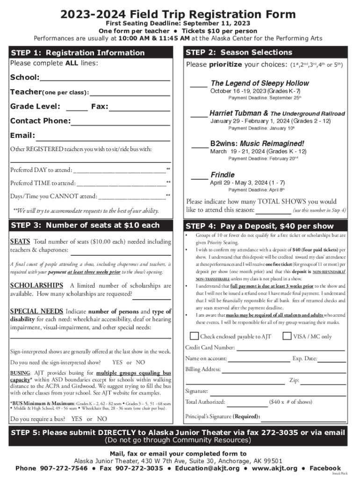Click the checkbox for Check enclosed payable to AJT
(194, 336)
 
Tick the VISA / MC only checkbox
(287, 336)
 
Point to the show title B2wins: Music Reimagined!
(257, 144)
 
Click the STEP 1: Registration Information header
(78, 53)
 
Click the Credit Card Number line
(290, 349)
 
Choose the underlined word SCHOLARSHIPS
(36, 285)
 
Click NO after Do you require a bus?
(101, 419)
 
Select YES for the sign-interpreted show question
(118, 363)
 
